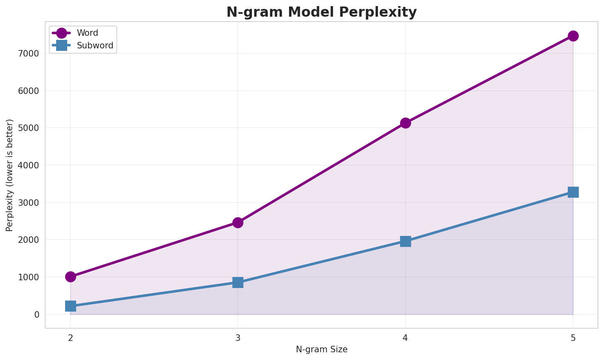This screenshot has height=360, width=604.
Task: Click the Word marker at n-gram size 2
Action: pyautogui.click(x=70, y=277)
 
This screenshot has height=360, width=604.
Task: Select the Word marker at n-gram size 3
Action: pyautogui.click(x=238, y=223)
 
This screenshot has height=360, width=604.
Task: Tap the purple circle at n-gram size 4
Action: pyautogui.click(x=405, y=123)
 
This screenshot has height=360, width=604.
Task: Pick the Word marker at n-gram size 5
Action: pyautogui.click(x=573, y=36)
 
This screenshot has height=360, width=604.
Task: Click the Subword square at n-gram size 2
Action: pyautogui.click(x=70, y=306)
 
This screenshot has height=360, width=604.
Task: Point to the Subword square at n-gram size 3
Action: pyautogui.click(x=238, y=282)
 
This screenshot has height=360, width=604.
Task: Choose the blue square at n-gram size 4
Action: pyautogui.click(x=405, y=241)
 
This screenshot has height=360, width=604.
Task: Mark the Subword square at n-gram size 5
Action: pyautogui.click(x=573, y=192)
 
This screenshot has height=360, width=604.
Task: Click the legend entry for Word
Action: pyautogui.click(x=87, y=33)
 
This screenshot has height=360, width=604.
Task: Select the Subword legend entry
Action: pyautogui.click(x=95, y=46)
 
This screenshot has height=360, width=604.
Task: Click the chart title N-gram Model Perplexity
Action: pyautogui.click(x=322, y=12)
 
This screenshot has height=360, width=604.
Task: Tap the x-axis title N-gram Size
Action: pyautogui.click(x=322, y=349)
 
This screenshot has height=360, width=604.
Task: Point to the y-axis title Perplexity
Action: pyautogui.click(x=10, y=175)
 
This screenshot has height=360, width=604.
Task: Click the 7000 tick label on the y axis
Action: pyautogui.click(x=31, y=54)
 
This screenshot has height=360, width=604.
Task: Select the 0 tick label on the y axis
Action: pyautogui.click(x=37, y=314)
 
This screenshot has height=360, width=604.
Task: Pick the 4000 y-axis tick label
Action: pyautogui.click(x=31, y=166)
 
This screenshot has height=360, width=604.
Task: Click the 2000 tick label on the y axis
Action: pyautogui.click(x=31, y=240)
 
